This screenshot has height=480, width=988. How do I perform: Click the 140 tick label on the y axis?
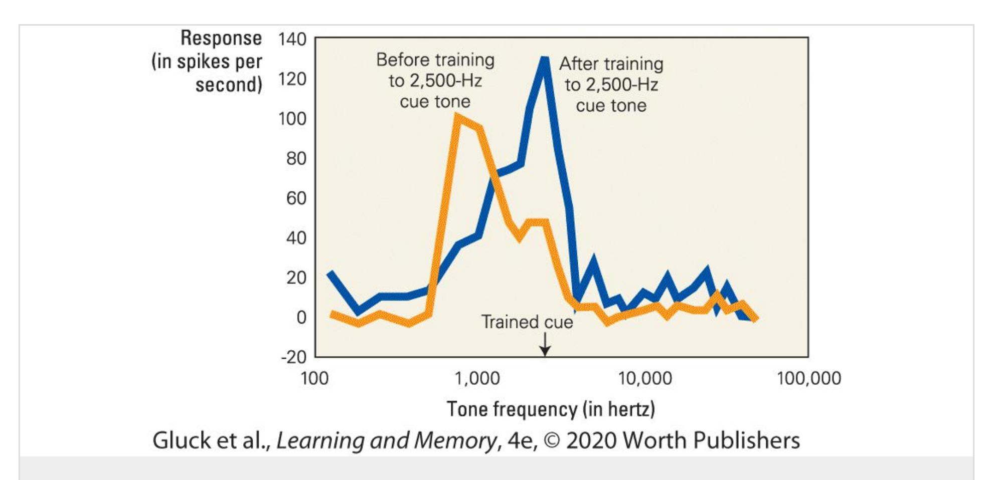(292, 39)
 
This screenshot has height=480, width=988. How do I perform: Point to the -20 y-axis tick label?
(293, 357)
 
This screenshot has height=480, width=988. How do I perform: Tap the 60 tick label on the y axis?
(296, 198)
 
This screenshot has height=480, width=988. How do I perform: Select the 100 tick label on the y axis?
(292, 119)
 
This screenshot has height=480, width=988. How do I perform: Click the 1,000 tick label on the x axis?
(477, 378)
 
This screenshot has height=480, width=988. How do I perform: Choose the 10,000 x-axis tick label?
(645, 378)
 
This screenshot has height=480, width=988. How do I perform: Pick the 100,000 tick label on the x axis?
(808, 378)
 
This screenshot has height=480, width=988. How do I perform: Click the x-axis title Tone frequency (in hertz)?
(551, 409)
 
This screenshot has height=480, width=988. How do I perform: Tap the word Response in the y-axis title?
(221, 38)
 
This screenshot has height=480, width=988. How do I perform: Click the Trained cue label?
(527, 322)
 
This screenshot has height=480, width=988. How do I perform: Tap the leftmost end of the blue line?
(330, 274)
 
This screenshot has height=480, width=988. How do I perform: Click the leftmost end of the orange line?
(332, 314)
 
